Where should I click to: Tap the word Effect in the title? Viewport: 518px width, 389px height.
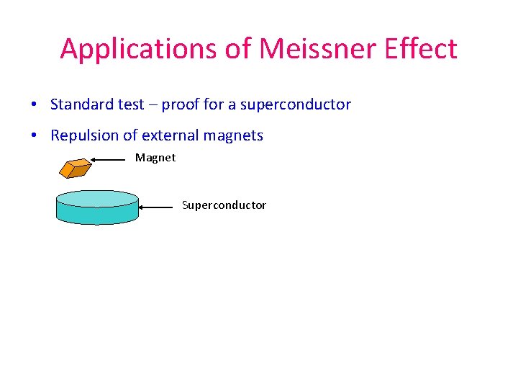click(421, 49)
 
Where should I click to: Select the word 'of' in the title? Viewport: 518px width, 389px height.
click(233, 49)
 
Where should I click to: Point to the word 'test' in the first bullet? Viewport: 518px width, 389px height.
click(131, 104)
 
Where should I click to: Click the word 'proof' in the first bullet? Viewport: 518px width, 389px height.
click(181, 105)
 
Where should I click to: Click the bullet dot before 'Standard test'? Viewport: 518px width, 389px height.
click(35, 105)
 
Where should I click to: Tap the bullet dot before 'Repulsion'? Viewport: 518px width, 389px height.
click(35, 136)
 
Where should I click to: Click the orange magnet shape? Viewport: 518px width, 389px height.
click(75, 168)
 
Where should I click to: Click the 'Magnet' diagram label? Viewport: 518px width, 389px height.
click(155, 158)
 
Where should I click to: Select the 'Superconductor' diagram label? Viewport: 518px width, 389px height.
click(224, 205)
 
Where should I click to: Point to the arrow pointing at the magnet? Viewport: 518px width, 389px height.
click(112, 159)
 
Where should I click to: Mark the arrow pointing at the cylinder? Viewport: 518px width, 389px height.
click(158, 207)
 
